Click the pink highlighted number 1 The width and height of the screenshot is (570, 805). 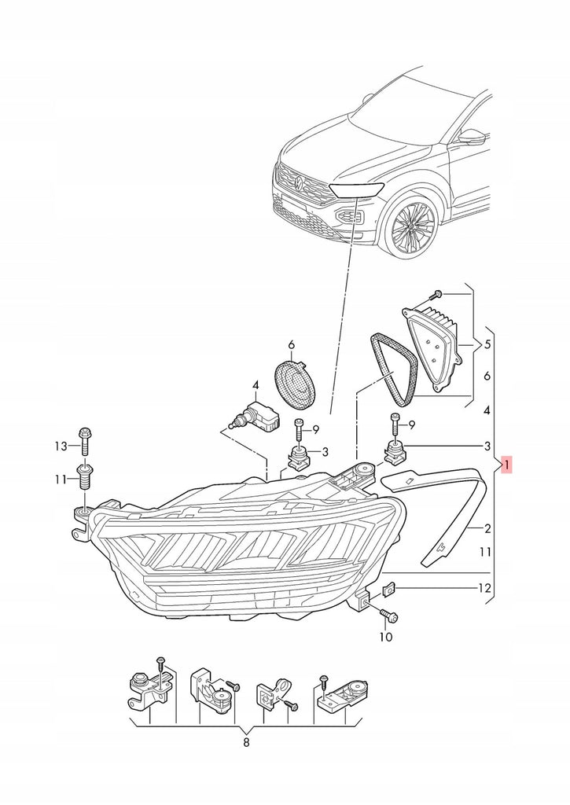[506, 465]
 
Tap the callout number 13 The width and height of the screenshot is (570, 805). [61, 447]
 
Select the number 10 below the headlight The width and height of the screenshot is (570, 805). [386, 637]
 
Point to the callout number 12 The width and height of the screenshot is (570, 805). [484, 588]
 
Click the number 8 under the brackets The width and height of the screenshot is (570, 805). [246, 742]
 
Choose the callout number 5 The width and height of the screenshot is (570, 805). [487, 344]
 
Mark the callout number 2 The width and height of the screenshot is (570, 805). [487, 528]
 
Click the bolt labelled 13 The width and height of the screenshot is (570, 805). [85, 441]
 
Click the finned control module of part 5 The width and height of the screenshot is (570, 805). [437, 346]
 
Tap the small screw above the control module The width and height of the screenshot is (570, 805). [436, 295]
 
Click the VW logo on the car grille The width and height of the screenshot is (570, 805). [300, 181]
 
